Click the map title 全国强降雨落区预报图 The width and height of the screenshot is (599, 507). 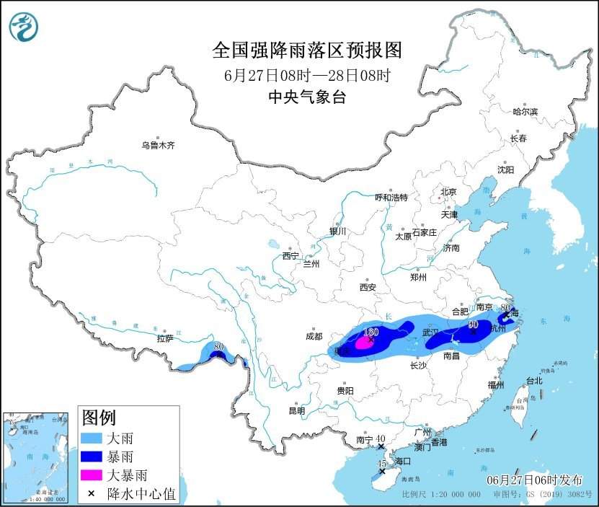tap(306, 50)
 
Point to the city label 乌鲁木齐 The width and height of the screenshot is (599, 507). tap(158, 146)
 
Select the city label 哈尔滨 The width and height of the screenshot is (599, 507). tap(525, 112)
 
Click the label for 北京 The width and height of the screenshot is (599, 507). tap(448, 192)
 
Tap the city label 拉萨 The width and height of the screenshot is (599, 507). tap(165, 338)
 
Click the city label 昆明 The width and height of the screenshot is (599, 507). tap(297, 410)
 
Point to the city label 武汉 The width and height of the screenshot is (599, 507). tap(430, 332)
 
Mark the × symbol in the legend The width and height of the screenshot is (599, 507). tap(92, 494)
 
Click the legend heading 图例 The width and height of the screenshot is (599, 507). tap(99, 418)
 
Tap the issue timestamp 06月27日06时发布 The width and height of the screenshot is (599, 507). tap(537, 480)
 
